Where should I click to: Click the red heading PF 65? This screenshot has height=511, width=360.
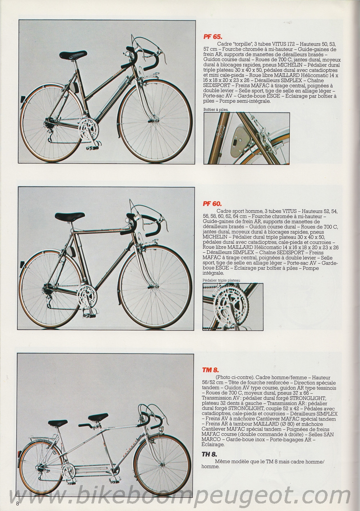tap(212, 36)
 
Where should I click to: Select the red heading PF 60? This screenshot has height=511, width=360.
tap(212, 203)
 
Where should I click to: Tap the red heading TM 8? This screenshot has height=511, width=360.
tap(211, 369)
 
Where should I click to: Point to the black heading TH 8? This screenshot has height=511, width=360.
tap(211, 454)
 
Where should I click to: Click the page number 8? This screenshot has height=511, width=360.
tap(17, 503)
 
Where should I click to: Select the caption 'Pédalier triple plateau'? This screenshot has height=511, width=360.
tap(221, 280)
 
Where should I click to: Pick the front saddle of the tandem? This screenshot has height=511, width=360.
tap(95, 417)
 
